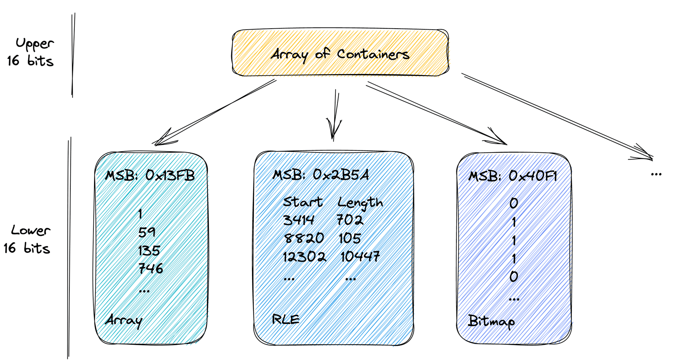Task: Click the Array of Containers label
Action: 340,54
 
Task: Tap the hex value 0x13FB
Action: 170,176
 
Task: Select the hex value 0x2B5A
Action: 341,174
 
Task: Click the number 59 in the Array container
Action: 146,232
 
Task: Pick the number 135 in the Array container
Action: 149,251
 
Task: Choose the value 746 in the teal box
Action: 151,269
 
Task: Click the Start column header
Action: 303,202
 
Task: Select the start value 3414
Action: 299,220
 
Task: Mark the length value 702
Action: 350,220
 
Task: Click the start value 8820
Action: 303,238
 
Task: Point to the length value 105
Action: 350,238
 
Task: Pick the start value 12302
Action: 305,256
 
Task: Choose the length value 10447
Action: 360,256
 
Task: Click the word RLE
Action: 286,319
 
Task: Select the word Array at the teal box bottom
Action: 124,321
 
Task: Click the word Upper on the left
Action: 35,44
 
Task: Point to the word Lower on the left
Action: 31,230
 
